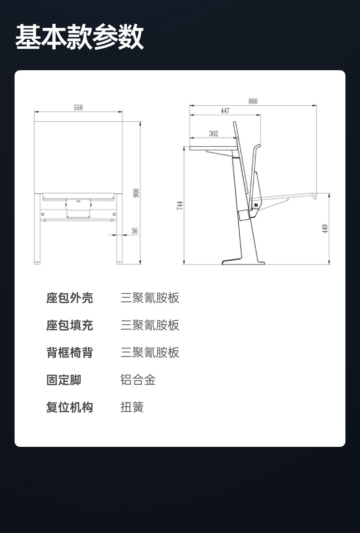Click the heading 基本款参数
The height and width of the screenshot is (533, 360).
79,37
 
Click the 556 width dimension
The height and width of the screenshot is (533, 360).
78,108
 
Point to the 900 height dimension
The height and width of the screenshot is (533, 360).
136,193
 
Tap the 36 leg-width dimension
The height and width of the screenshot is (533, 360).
134,231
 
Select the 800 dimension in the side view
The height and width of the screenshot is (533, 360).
253,101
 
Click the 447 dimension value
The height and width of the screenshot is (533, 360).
225,111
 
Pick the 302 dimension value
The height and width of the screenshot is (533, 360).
214,134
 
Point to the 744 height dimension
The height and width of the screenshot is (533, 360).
180,206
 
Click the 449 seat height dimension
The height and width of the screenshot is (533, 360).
325,228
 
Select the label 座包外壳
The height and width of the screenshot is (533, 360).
69,298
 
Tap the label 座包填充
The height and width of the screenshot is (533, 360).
69,326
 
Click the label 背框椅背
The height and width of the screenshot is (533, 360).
69,352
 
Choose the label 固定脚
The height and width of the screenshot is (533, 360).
64,380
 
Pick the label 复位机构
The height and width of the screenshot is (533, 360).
69,407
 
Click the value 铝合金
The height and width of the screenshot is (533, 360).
138,380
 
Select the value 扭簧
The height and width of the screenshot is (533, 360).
132,407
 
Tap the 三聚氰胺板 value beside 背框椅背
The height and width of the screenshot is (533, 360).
150,352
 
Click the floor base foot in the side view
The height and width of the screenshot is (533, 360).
243,262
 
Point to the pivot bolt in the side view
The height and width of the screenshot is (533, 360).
257,205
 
